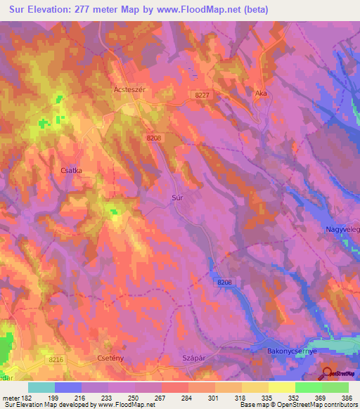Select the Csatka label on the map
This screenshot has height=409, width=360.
(72, 169)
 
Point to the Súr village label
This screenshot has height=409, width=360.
(179, 199)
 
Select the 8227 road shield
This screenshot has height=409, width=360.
(202, 94)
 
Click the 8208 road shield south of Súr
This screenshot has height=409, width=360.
(224, 281)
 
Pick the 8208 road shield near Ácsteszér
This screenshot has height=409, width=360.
(155, 138)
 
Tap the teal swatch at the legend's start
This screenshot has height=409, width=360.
(41, 387)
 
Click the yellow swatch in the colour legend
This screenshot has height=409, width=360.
(281, 387)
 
